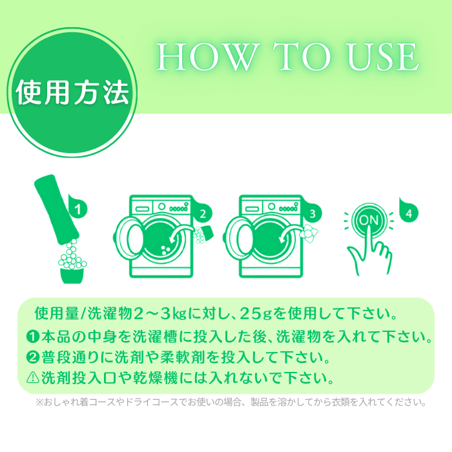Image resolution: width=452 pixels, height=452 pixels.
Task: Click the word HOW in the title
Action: tap(207, 57)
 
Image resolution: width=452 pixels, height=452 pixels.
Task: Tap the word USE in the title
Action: tap(384, 57)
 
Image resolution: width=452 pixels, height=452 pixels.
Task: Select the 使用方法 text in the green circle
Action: tap(72, 92)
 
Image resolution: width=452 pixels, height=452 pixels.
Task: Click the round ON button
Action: tap(369, 221)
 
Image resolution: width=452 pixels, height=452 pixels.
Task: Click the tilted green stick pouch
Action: tap(57, 209)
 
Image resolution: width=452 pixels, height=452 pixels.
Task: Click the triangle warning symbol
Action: tap(33, 377)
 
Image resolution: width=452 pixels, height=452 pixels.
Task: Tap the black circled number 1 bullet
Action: tap(32, 336)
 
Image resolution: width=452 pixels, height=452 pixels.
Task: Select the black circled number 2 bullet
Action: tap(32, 357)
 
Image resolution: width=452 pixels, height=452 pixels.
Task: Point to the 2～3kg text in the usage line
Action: tap(160, 314)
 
